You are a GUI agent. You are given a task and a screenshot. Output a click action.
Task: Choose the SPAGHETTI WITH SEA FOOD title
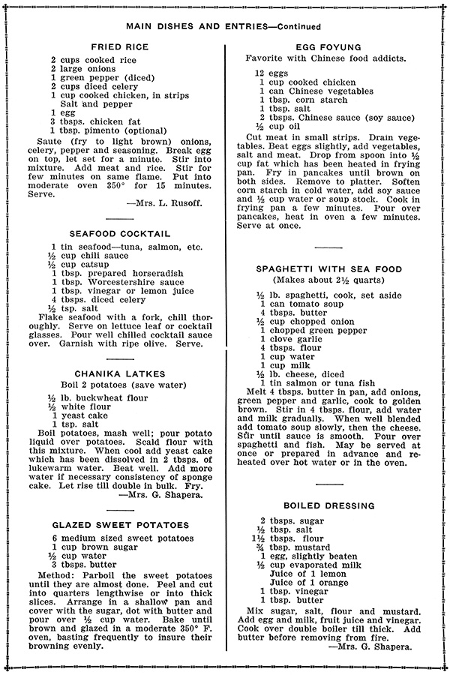click(328, 269)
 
